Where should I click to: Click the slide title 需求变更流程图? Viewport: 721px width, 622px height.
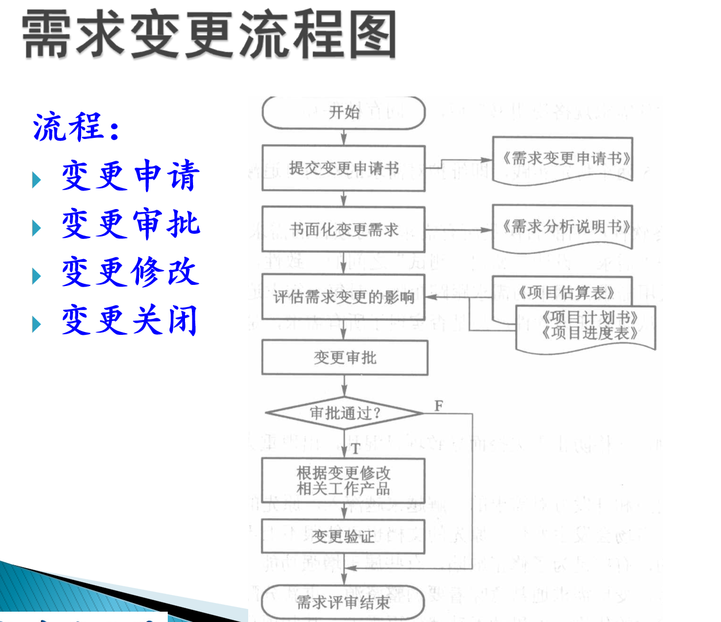[209, 36]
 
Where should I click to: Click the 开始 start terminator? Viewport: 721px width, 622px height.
[344, 113]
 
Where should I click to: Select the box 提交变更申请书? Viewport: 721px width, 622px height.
[344, 168]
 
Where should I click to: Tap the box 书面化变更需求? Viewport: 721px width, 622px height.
[344, 229]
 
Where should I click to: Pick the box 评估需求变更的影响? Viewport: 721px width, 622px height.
[344, 297]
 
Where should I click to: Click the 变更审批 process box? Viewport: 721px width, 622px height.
[345, 358]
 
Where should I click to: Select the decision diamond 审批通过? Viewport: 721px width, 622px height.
[345, 413]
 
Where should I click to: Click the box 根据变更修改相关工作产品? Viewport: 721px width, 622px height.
[344, 481]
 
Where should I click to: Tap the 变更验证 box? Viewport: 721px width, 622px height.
[344, 536]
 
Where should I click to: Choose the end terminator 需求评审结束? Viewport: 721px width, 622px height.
[343, 602]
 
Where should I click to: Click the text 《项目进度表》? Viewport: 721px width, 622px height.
[589, 333]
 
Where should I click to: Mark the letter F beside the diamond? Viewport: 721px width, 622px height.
[439, 406]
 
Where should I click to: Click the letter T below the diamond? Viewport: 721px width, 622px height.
[356, 449]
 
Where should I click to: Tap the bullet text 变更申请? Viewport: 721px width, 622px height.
[131, 176]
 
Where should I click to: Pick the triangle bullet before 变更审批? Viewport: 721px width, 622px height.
[37, 228]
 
